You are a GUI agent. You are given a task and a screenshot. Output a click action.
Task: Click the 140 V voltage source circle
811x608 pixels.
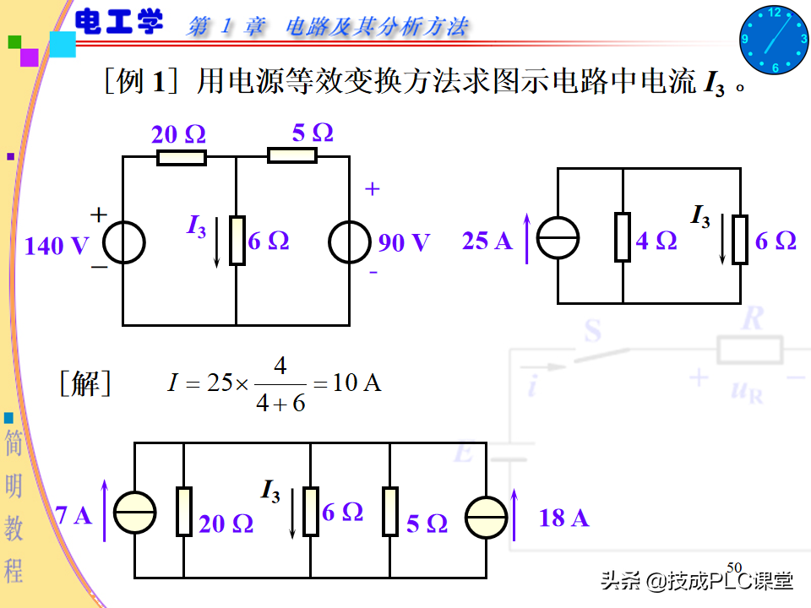click(124, 242)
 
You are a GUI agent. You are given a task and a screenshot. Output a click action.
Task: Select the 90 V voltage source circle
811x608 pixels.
click(349, 242)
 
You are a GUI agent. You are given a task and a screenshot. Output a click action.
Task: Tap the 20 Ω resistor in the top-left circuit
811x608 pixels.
click(181, 157)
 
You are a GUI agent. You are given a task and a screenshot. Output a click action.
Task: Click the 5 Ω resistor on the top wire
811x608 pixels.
click(292, 155)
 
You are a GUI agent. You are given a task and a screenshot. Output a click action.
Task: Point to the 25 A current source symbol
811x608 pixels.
click(558, 237)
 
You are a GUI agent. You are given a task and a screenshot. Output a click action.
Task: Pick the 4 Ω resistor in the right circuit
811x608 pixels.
click(623, 237)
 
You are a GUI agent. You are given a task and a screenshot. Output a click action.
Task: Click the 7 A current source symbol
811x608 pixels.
click(135, 513)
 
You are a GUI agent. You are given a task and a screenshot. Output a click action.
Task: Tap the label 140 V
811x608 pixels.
click(57, 246)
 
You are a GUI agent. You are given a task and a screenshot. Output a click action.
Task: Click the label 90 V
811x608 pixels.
click(404, 243)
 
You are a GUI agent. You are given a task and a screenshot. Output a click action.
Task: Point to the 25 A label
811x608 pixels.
click(487, 241)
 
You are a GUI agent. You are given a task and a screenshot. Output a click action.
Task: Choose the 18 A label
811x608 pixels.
click(563, 518)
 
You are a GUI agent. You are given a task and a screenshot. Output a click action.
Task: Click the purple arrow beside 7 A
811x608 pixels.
click(106, 510)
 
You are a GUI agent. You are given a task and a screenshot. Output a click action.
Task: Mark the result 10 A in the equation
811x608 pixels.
click(357, 383)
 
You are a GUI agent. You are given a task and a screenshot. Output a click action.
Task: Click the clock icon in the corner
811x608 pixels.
click(774, 40)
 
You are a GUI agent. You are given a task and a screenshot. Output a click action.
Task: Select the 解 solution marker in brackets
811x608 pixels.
click(85, 384)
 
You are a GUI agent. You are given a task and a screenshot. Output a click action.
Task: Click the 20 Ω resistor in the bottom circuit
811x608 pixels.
click(183, 511)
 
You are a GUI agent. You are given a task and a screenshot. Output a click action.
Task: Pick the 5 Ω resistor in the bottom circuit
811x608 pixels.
click(389, 511)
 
